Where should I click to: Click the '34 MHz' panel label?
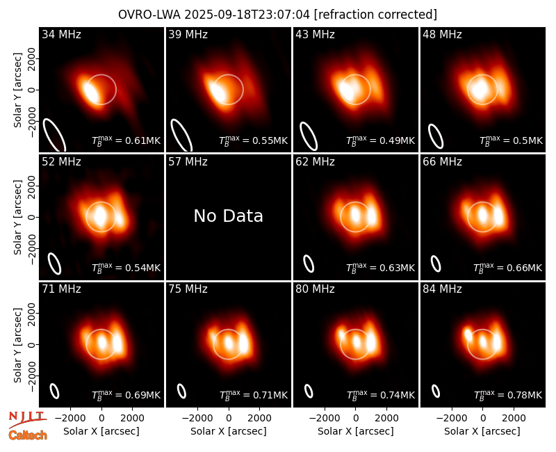[x=61, y=34]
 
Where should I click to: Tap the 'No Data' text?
[x=229, y=216]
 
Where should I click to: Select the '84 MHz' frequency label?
[x=442, y=289]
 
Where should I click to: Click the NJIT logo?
[x=27, y=419]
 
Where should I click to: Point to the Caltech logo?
[x=28, y=435]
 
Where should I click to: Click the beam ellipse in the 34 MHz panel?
[x=54, y=136]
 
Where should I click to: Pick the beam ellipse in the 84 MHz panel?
[x=436, y=391]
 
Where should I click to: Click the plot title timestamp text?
[x=247, y=15]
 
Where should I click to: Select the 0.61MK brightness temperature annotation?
[x=126, y=140]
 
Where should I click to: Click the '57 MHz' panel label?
[x=188, y=162]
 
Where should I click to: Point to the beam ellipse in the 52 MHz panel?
[x=55, y=264]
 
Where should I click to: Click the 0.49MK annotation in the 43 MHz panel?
[x=380, y=140]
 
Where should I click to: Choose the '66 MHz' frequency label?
[x=442, y=162]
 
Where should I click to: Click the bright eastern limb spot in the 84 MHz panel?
[x=468, y=334]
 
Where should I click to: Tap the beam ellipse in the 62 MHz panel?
[x=309, y=264]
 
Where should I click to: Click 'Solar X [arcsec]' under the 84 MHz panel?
[x=482, y=431]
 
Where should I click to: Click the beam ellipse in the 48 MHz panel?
[x=436, y=136]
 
